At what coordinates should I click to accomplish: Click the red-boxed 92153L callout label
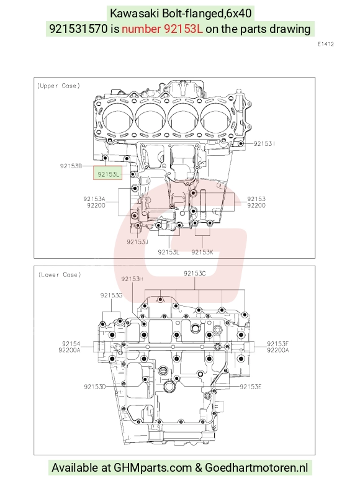pos(108,174)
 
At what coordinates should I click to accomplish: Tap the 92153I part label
pos(264,143)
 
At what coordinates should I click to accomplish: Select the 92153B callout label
pos(71,166)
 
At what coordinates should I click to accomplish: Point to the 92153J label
pos(138,241)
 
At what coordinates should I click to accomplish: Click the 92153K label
pos(202,252)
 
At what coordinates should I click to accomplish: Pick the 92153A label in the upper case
pos(94,199)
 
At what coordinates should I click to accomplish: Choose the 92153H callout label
pos(132,279)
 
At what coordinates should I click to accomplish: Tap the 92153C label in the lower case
pos(195,273)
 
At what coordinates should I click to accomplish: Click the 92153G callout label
pos(111,295)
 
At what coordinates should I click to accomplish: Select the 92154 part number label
pos(71,344)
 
